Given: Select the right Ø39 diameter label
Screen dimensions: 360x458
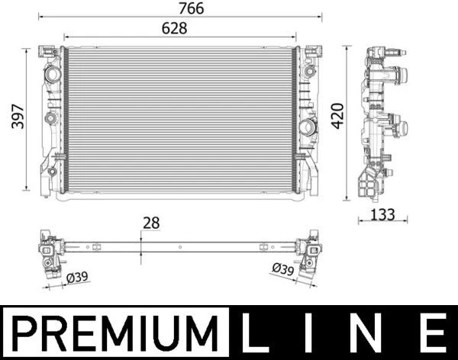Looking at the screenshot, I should (x=283, y=268).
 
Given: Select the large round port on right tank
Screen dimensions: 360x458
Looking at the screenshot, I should (x=307, y=127).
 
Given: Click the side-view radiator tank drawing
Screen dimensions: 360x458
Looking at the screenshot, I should (x=379, y=122).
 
